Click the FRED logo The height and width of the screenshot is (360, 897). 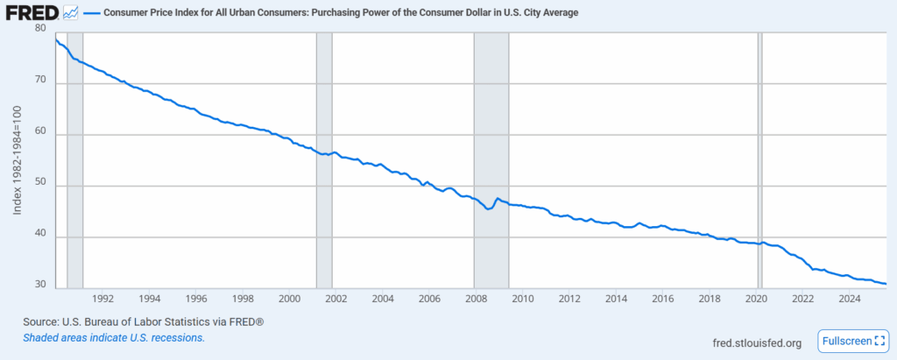[32, 12]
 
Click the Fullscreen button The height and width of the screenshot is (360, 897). [853, 341]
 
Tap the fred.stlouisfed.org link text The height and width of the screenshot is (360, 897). [758, 342]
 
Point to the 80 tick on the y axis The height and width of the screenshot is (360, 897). [39, 28]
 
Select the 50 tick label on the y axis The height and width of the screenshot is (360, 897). [39, 186]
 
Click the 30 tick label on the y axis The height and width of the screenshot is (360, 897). [39, 286]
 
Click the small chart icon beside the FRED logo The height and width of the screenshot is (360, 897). [71, 12]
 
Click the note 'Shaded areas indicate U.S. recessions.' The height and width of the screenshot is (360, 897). [114, 337]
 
